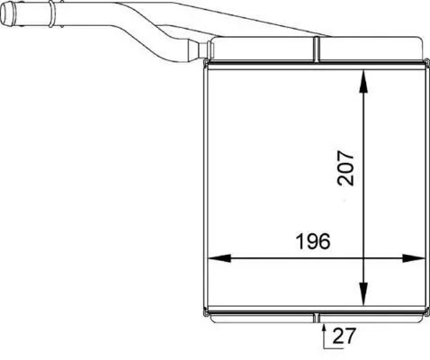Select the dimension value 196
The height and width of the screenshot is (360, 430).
coord(311,241)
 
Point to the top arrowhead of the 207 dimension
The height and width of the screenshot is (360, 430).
coord(363,76)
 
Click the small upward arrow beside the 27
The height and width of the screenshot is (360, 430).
coord(322,331)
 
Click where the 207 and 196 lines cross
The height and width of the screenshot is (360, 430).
coord(363,258)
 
